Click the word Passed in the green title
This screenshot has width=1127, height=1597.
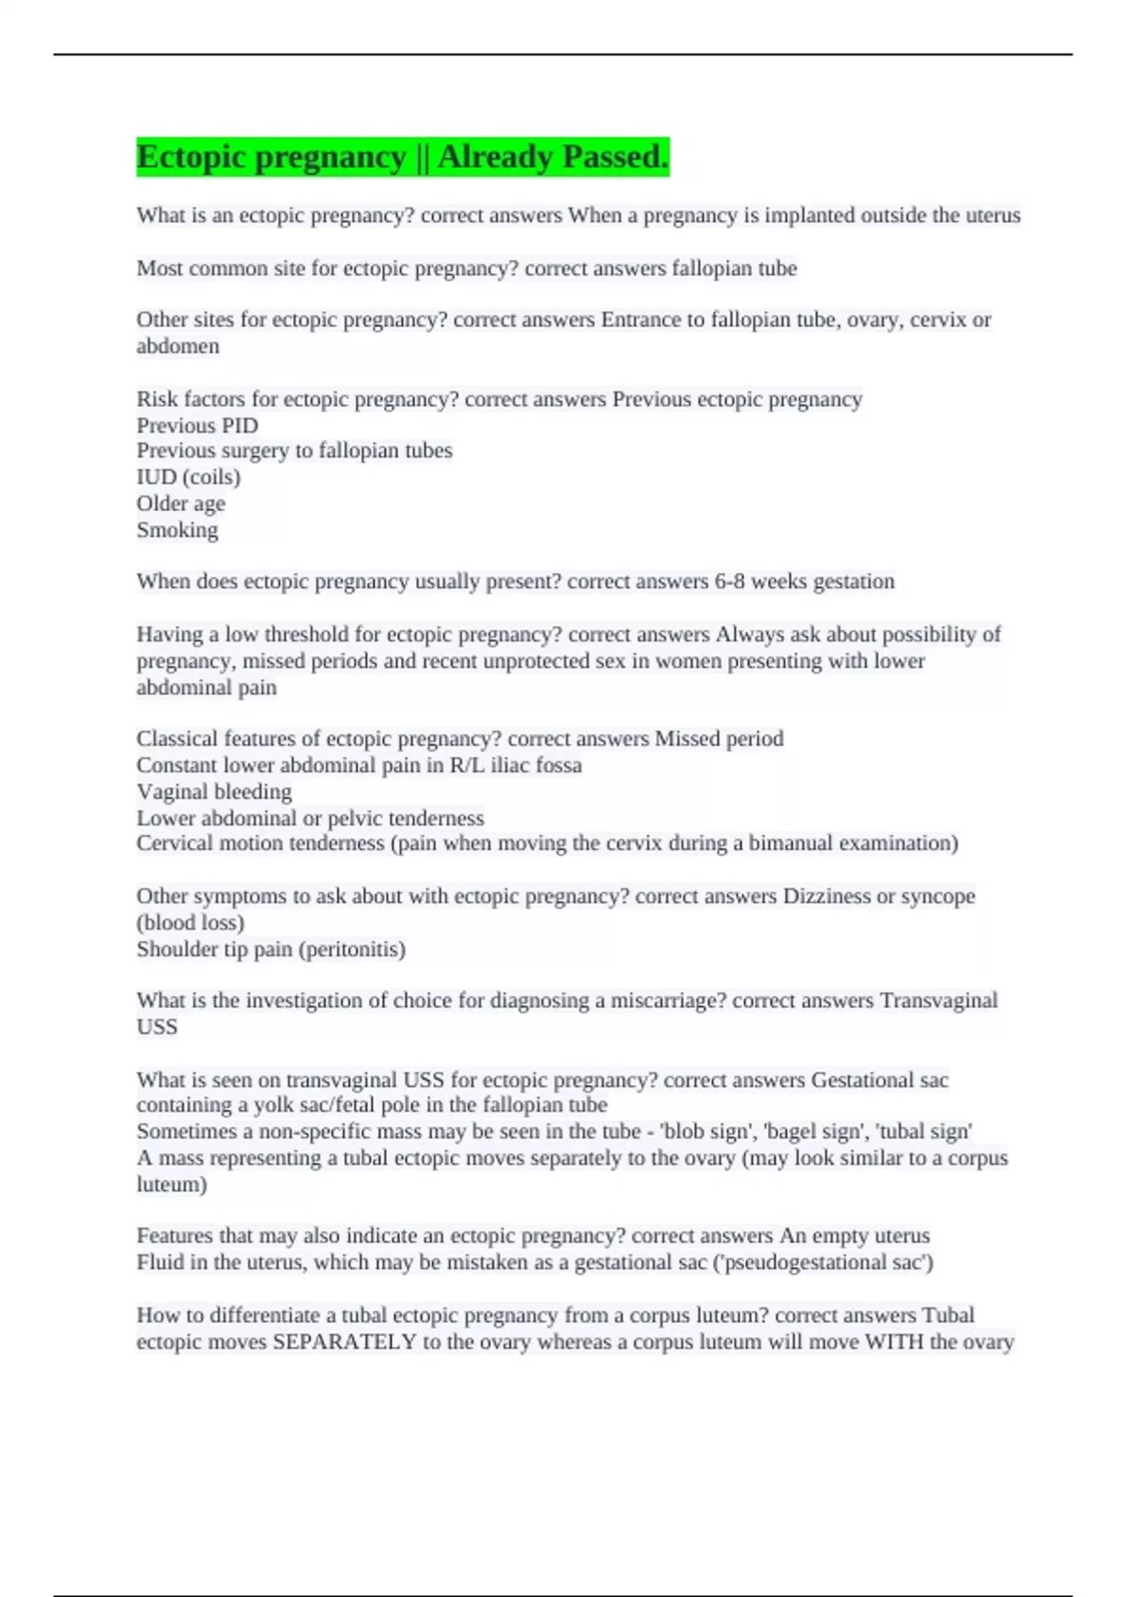[x=611, y=157]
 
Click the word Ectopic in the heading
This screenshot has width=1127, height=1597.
[x=191, y=157]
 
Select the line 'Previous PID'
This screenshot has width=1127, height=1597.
[x=197, y=426]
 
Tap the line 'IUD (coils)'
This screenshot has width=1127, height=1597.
[x=189, y=477]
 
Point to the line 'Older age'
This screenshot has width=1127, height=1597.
[x=180, y=504]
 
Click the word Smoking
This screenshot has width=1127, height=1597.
[x=178, y=530]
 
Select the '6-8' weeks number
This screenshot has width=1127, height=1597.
[x=729, y=581]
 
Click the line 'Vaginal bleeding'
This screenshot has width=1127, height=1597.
[x=214, y=792]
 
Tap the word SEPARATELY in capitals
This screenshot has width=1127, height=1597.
[x=344, y=1341]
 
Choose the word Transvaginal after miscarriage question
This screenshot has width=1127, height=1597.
[x=938, y=1000]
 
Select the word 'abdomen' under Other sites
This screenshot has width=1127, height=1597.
[x=178, y=346]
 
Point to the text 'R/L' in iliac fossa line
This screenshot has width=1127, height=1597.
[x=468, y=766]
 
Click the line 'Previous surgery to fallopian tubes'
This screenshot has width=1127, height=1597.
[x=294, y=451]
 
